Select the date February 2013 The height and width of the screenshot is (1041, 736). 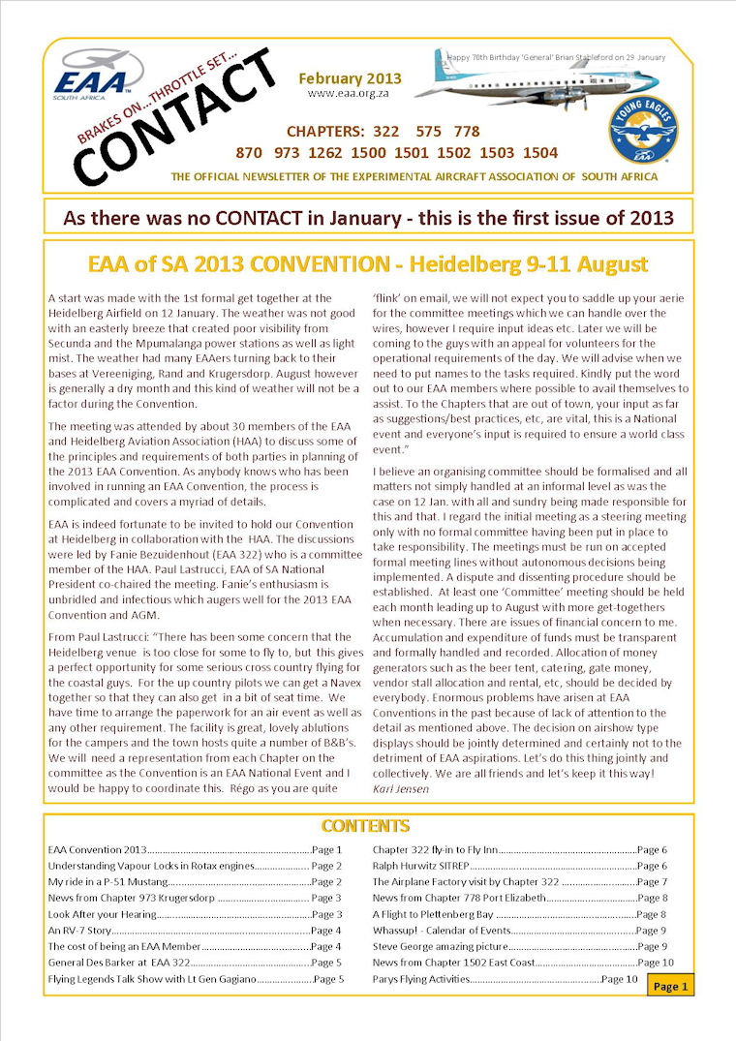350,78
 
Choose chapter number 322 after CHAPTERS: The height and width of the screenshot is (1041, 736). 385,131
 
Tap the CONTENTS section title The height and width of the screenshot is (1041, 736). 365,826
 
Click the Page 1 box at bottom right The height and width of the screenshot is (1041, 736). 671,986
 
